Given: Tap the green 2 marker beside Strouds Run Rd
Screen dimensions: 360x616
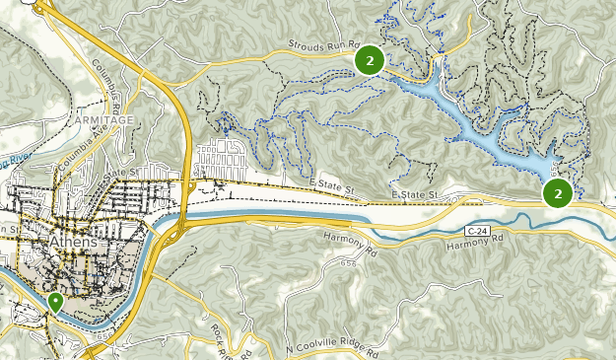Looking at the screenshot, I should (x=369, y=61).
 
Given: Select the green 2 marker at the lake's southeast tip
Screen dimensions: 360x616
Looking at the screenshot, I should (x=558, y=193).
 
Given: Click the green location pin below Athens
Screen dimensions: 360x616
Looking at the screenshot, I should (x=55, y=302).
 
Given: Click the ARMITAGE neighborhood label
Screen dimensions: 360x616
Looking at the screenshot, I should (x=104, y=119).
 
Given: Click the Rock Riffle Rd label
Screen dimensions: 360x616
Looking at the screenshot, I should (x=237, y=340).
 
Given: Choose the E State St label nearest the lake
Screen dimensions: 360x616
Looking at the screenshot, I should (x=415, y=195).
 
